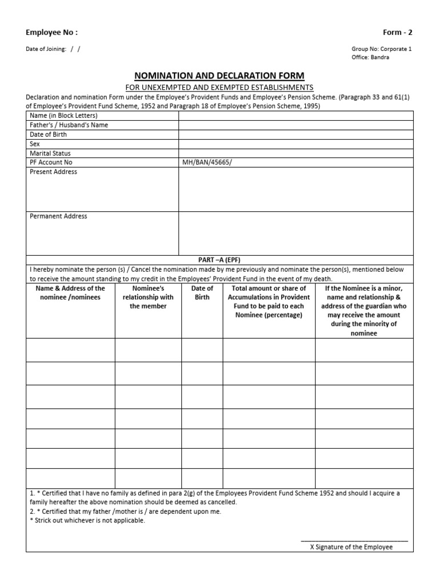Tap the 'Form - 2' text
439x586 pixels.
pyautogui.click(x=397, y=33)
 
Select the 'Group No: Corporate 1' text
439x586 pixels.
pyautogui.click(x=381, y=49)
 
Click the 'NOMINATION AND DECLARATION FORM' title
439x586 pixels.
pyautogui.click(x=219, y=76)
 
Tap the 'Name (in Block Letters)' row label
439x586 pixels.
pyautogui.click(x=63, y=116)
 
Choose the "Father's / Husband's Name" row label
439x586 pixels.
pyautogui.click(x=69, y=125)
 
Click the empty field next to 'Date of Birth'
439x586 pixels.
pyautogui.click(x=296, y=134)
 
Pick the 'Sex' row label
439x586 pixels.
pyautogui.click(x=35, y=144)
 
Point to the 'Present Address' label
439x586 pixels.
pyautogui.click(x=53, y=172)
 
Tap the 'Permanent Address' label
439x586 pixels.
pyautogui.click(x=58, y=216)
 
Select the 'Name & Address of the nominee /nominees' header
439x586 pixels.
pyautogui.click(x=71, y=293)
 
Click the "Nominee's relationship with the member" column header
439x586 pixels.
pyautogui.click(x=148, y=297)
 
